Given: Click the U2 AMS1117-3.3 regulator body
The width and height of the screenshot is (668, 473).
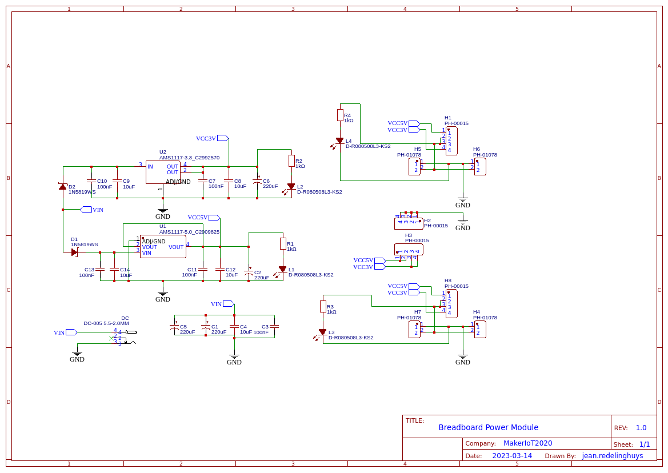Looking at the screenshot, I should coord(163,172).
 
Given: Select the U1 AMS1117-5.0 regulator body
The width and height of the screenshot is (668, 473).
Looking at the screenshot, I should coord(163,247).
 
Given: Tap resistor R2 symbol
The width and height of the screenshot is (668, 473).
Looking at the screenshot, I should coord(291,161).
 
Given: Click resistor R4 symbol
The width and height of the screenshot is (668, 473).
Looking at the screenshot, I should coord(340,115).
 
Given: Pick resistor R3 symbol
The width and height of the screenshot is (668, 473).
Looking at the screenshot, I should coord(323,307).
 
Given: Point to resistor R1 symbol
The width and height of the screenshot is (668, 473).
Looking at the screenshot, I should coord(283,244).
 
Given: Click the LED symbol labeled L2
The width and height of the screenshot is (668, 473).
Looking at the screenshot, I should coord(291,186).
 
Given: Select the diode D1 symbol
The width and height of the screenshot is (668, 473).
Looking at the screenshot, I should coord(74,252).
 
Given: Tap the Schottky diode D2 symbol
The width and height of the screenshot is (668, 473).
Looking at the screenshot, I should coord(63,187).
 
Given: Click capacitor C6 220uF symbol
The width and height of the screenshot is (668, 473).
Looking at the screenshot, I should coord(257,181).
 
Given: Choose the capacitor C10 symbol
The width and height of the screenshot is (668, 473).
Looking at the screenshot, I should coord(91,181).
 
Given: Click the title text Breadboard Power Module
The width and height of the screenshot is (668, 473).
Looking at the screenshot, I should coord(488,427).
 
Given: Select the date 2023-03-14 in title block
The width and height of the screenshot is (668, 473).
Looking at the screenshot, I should coord(512,456).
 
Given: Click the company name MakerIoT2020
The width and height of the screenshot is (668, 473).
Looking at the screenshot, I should coord(527,443).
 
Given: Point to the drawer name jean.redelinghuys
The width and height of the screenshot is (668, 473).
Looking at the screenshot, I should coord(612,456).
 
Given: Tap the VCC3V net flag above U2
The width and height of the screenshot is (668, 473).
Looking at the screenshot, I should coord(222,138).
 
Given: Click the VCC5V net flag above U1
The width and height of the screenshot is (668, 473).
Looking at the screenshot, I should coord(214,218).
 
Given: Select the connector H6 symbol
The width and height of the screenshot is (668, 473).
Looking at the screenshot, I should coord(480,166).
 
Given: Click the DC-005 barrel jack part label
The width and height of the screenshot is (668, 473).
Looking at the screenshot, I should coord(106,323).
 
